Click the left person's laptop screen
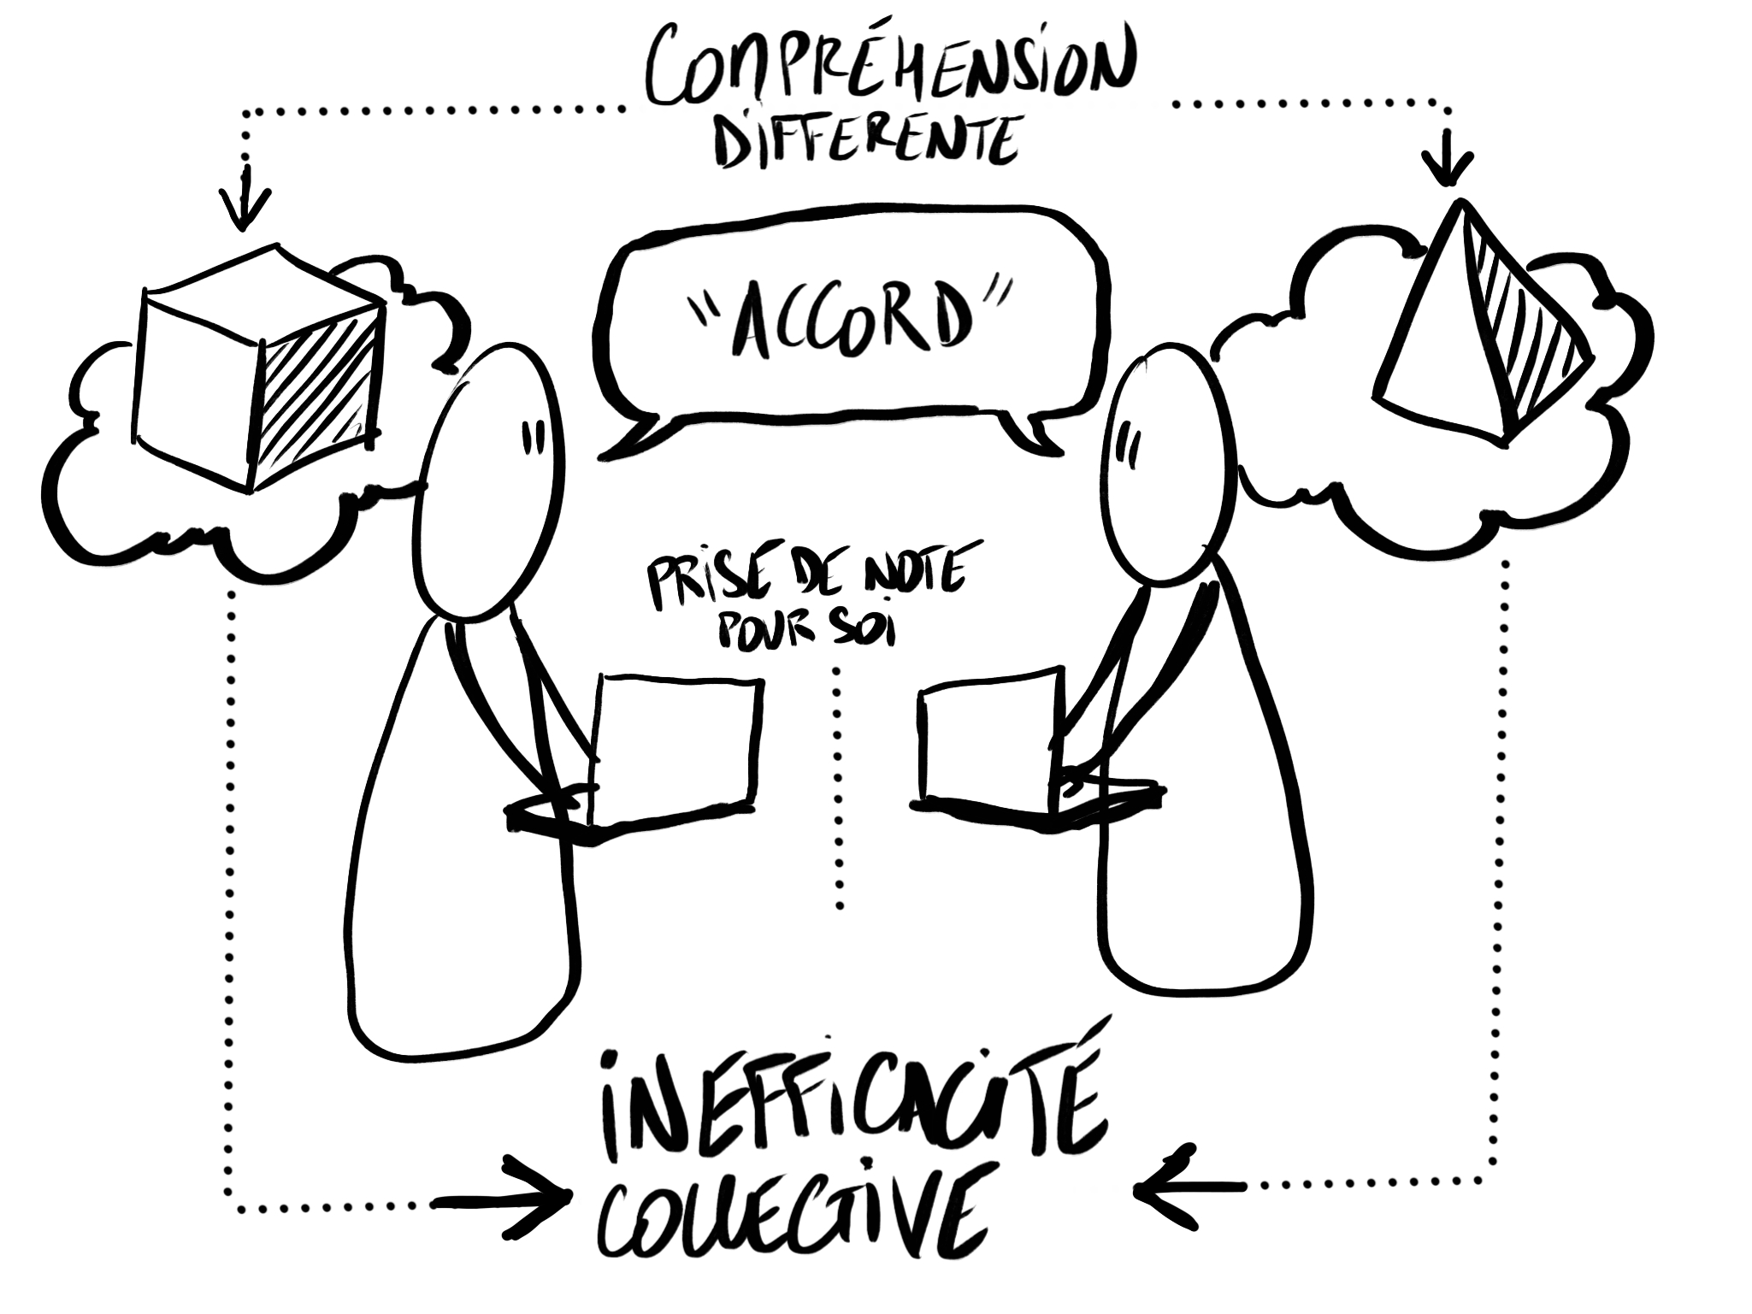coord(675,744)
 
